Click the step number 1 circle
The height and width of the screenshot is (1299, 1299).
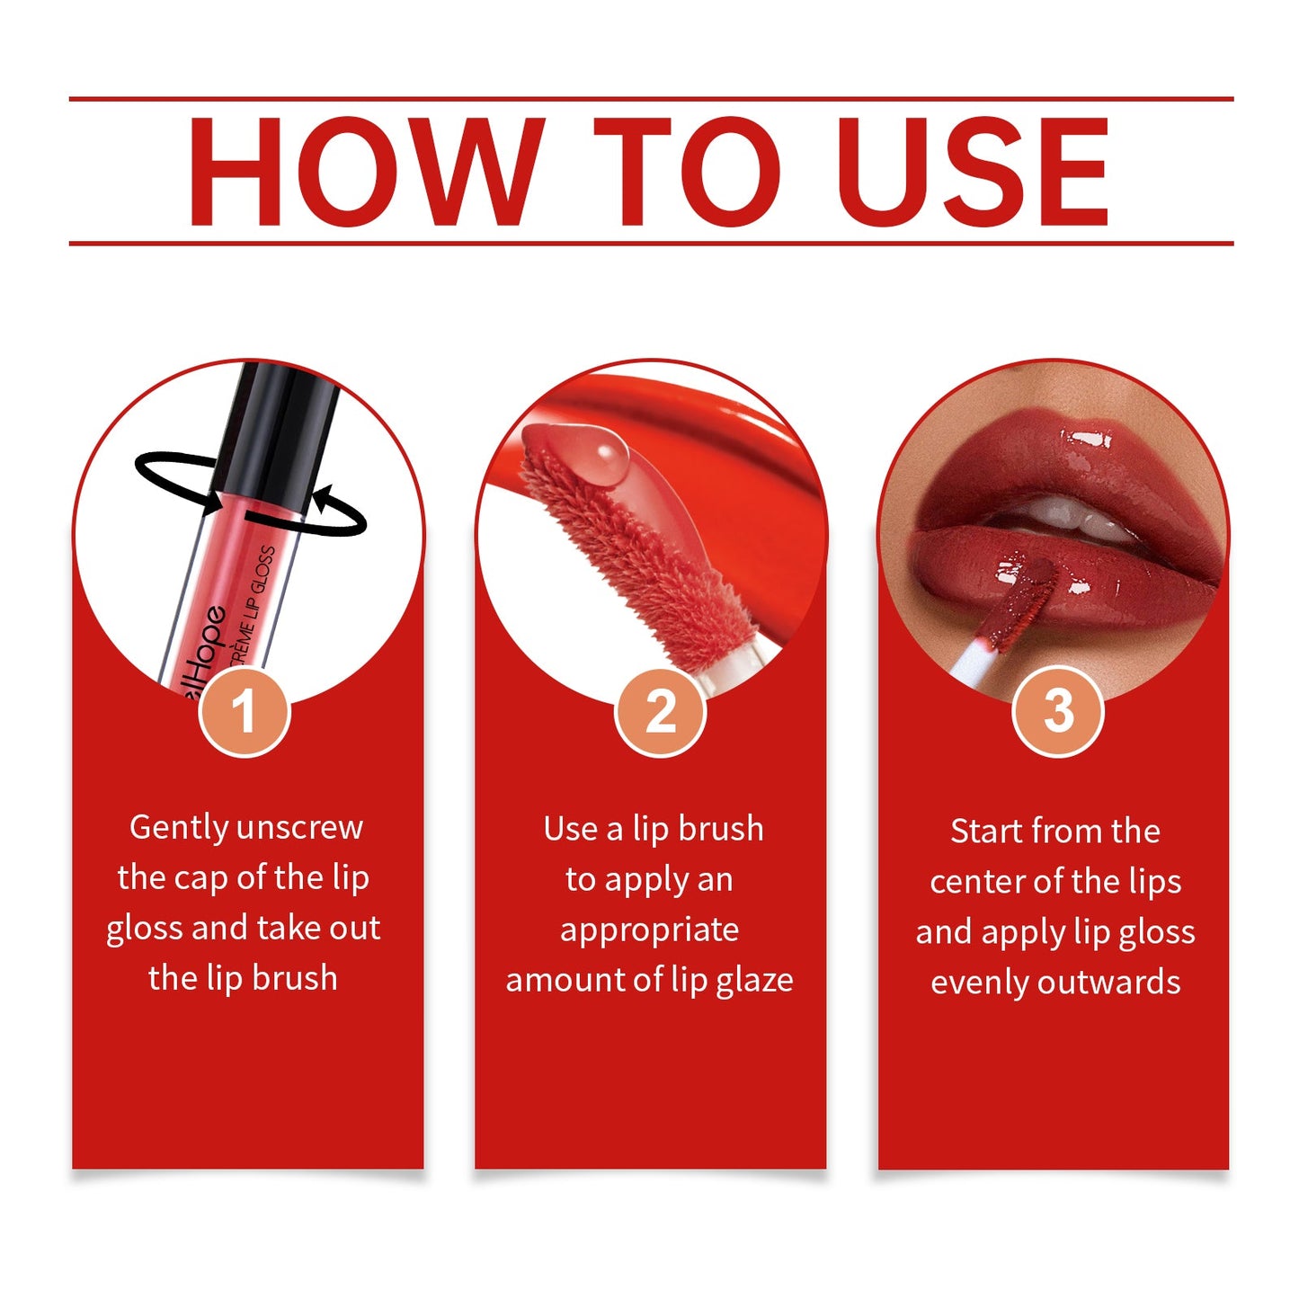click(245, 712)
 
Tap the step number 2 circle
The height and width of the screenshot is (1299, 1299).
click(661, 712)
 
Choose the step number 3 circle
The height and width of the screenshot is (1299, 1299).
click(1058, 712)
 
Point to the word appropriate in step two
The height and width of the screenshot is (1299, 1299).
click(649, 930)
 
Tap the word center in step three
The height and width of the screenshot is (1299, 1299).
click(973, 882)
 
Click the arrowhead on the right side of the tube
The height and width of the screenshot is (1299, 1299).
click(321, 497)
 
